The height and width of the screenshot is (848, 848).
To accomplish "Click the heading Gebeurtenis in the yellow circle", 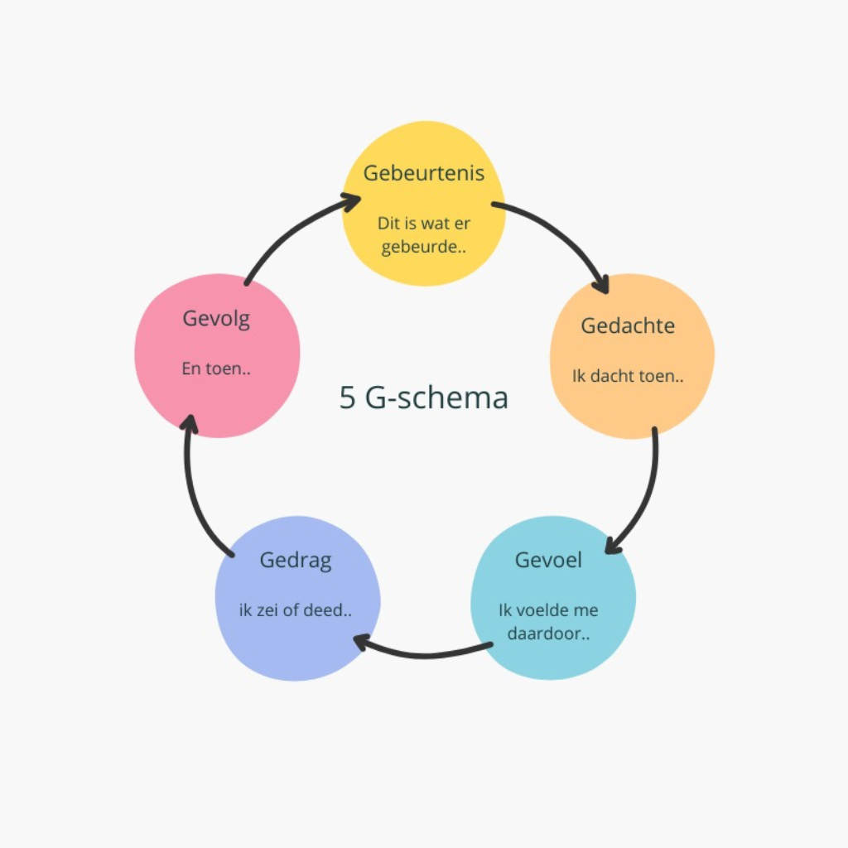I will point(423,174).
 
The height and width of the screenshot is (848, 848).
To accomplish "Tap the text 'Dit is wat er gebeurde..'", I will point(424,235).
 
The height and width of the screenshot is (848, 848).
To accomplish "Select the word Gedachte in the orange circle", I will point(628,325).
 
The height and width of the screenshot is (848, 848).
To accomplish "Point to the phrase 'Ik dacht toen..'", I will point(628,375).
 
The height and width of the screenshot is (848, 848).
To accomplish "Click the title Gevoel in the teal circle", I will point(548,560).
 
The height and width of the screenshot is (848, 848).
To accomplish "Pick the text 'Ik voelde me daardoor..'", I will point(548,623).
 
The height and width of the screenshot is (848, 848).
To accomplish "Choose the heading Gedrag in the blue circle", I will point(296,560).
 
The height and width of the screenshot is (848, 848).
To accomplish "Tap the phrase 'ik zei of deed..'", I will point(296,611).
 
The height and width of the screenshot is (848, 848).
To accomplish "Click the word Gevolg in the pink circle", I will point(216,318).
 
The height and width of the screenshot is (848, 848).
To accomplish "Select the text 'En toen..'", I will point(216,369).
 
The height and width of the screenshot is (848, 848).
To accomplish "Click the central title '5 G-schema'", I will point(423,397).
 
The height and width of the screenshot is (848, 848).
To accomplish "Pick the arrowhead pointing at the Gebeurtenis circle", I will point(351,200).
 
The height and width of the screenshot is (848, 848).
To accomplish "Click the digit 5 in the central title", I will point(348,397).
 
